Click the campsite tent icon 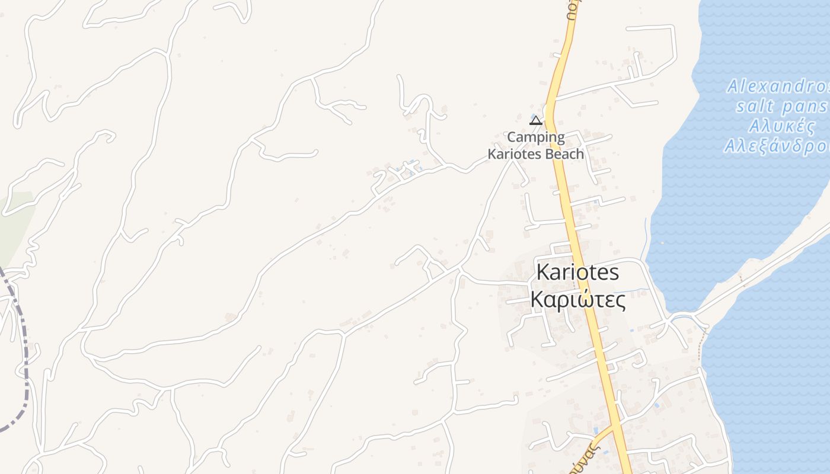coord(536,121)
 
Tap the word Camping coord(536,137)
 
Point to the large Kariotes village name coord(577,273)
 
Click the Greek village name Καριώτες coord(578,300)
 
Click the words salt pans coord(781,107)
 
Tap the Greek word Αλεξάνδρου coord(777,146)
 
